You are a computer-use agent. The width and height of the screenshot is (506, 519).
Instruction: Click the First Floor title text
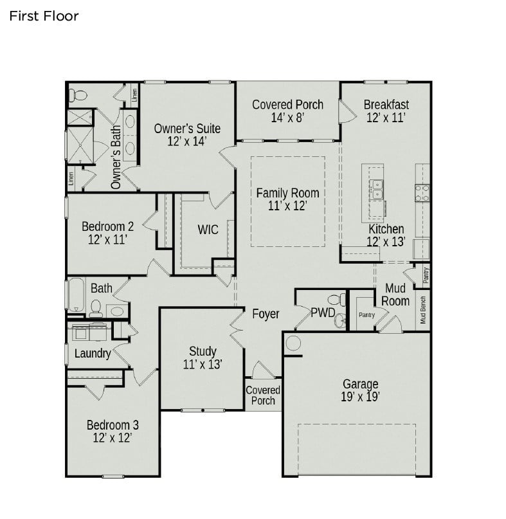pyautogui.click(x=44, y=16)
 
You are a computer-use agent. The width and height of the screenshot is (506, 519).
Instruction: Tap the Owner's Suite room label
pyautogui.click(x=187, y=135)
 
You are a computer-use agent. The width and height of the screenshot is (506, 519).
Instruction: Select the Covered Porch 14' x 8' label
pyautogui.click(x=287, y=111)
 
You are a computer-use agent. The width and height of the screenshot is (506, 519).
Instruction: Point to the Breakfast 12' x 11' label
pyautogui.click(x=386, y=111)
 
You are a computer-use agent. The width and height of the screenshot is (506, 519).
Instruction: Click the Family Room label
pyautogui.click(x=287, y=199)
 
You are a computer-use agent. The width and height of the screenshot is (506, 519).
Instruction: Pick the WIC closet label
pyautogui.click(x=208, y=230)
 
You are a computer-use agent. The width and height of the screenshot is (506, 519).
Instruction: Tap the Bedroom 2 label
pyautogui.click(x=107, y=233)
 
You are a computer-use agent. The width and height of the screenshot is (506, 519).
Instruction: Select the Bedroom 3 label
pyautogui.click(x=113, y=432)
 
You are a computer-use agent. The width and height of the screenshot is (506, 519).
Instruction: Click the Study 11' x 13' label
pyautogui.click(x=203, y=358)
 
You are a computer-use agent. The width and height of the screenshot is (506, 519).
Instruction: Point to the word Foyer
pyautogui.click(x=266, y=314)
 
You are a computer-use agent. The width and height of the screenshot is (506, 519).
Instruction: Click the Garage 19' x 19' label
pyautogui.click(x=360, y=390)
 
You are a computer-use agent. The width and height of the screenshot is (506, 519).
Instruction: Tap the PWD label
pyautogui.click(x=323, y=314)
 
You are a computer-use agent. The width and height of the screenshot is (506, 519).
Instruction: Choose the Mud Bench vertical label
pyautogui.click(x=423, y=309)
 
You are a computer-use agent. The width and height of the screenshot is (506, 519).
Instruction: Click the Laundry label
pyautogui.click(x=93, y=353)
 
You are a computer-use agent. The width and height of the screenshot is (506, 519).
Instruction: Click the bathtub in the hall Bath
pyautogui.click(x=75, y=295)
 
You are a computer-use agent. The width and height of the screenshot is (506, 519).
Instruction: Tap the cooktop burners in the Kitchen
pyautogui.click(x=422, y=192)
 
